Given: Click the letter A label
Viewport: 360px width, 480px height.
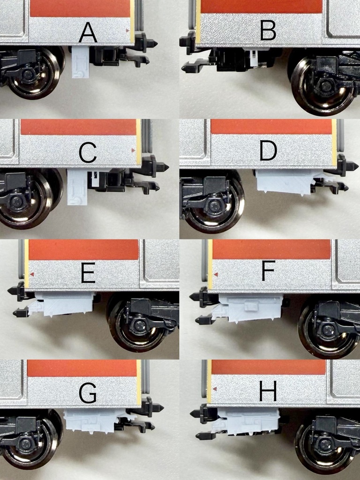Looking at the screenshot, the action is pyautogui.click(x=88, y=33).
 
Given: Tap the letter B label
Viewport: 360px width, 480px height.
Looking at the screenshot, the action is pyautogui.click(x=268, y=30).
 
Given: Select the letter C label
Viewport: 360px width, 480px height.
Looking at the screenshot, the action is pyautogui.click(x=88, y=153).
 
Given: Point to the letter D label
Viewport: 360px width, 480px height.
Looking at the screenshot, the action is pyautogui.click(x=269, y=151).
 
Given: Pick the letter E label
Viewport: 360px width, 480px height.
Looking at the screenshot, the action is pyautogui.click(x=88, y=273).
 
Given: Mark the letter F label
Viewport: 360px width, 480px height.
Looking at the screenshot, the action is pyautogui.click(x=269, y=271).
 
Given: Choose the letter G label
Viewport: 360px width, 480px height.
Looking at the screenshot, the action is pyautogui.click(x=88, y=393).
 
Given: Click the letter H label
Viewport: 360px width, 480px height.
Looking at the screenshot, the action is pyautogui.click(x=268, y=391).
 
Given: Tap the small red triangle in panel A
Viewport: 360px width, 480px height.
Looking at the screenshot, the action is pyautogui.click(x=127, y=30).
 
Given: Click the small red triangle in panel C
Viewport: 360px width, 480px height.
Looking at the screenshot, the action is pyautogui.click(x=133, y=150).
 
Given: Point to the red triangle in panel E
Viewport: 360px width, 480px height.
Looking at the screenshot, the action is pyautogui.click(x=32, y=274).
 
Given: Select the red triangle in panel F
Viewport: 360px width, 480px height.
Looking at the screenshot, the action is pyautogui.click(x=216, y=275).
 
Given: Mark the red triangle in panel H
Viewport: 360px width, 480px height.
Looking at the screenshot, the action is pyautogui.click(x=215, y=389).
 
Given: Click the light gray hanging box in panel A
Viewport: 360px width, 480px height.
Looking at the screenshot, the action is pyautogui.click(x=81, y=62).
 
